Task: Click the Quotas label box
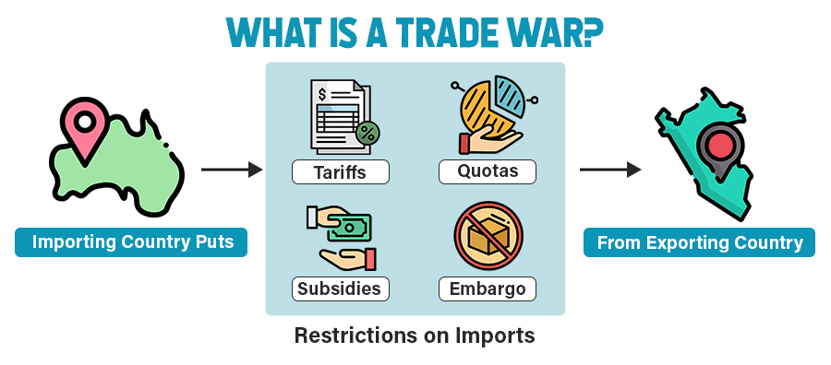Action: point(488,171)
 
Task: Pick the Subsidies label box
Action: point(339,288)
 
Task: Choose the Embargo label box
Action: point(488,288)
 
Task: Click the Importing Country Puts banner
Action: point(131,243)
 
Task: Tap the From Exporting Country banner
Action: point(699,243)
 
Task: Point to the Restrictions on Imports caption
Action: point(415,336)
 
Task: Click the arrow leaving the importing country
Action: point(231,170)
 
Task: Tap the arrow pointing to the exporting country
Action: point(609,170)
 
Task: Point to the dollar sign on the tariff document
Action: point(322,94)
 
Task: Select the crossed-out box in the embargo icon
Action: point(487,239)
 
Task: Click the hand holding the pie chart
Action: point(482,141)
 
